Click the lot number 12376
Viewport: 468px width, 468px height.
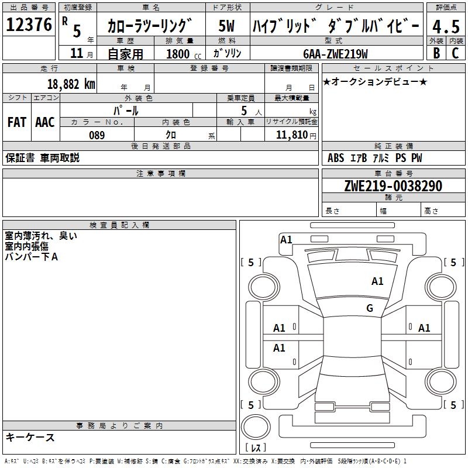pyautogui.click(x=29, y=25)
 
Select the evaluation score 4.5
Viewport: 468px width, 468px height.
pyautogui.click(x=446, y=27)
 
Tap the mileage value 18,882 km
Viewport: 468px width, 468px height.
pyautogui.click(x=71, y=84)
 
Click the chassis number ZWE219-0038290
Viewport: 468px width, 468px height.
pyautogui.click(x=393, y=185)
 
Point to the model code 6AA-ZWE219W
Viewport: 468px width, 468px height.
pyautogui.click(x=335, y=54)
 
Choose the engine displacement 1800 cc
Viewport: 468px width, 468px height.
pyautogui.click(x=184, y=54)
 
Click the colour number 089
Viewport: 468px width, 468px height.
pyautogui.click(x=97, y=135)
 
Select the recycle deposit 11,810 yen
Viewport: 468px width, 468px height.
pyautogui.click(x=296, y=135)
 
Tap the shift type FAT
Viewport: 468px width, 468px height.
pyautogui.click(x=17, y=122)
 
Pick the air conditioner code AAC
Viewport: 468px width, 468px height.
pyautogui.click(x=45, y=122)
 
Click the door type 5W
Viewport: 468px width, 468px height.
pyautogui.click(x=226, y=26)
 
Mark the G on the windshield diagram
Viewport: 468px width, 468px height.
pyautogui.click(x=370, y=308)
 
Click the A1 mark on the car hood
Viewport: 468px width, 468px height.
pyautogui.click(x=377, y=281)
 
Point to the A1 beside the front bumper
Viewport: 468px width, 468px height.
pyautogui.click(x=286, y=240)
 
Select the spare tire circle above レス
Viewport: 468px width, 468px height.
pyautogui.click(x=256, y=426)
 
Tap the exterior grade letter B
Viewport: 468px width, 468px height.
pyautogui.click(x=436, y=53)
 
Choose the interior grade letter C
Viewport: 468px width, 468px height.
pyautogui.click(x=455, y=53)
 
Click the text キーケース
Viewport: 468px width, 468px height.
pyautogui.click(x=30, y=437)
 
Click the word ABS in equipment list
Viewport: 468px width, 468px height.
pyautogui.click(x=336, y=158)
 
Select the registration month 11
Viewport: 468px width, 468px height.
pyautogui.click(x=77, y=53)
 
